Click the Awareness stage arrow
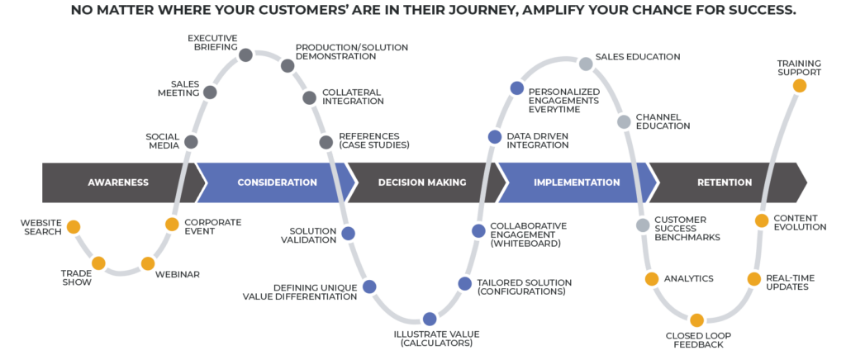tap(119, 182)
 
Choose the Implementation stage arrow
tap(577, 182)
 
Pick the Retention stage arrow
tap(725, 182)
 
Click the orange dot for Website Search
tap(74, 227)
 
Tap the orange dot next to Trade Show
tap(98, 263)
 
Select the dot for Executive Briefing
tap(245, 55)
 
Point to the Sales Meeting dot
tap(210, 92)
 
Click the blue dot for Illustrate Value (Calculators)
tap(430, 319)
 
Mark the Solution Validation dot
tap(348, 234)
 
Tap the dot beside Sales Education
tap(586, 64)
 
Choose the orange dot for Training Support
tap(800, 86)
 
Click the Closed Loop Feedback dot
tap(696, 320)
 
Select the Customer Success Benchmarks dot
tap(643, 225)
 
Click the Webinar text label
tap(178, 274)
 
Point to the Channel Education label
tap(663, 121)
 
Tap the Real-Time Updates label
tap(791, 282)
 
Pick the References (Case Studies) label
tap(374, 140)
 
